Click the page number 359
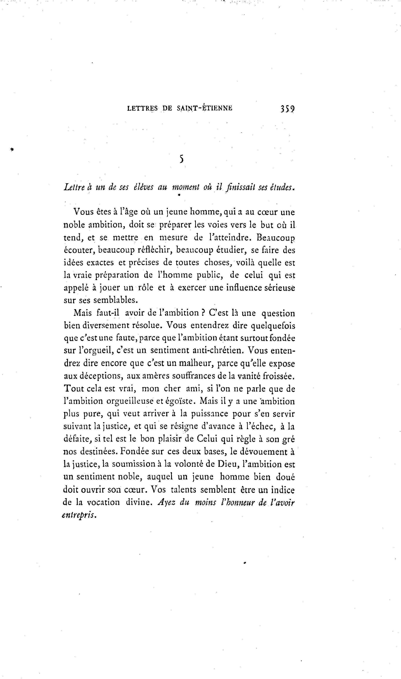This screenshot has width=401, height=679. coord(287,108)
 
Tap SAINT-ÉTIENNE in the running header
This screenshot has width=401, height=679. coord(205,108)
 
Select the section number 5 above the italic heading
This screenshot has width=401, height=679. coord(182,159)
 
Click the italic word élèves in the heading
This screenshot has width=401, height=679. coord(144,187)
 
